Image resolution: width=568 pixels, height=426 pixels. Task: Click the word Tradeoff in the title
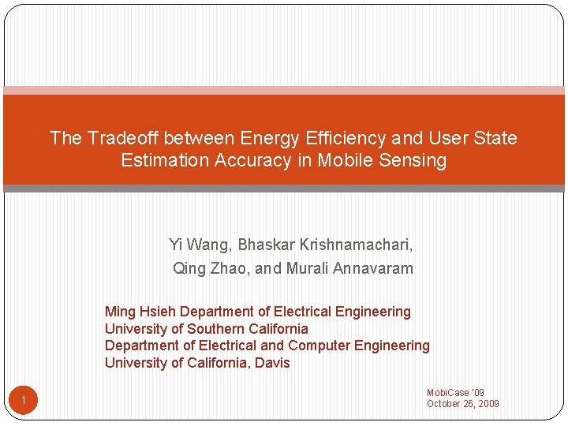point(122,138)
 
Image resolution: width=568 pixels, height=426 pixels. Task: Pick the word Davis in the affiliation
point(272,363)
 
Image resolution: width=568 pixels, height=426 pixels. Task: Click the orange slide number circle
point(24,402)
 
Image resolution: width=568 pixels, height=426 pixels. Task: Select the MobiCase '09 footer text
point(455,393)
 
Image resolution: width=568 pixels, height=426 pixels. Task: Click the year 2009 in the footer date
point(487,404)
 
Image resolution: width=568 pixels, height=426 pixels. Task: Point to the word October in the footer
point(443,404)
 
